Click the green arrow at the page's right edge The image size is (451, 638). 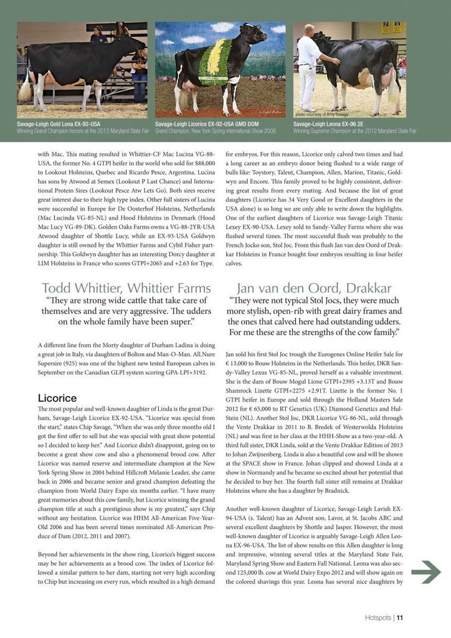coord(426,571)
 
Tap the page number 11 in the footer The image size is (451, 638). coord(400,618)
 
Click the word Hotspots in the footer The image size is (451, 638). coord(378,618)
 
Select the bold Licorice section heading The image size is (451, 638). coord(57,398)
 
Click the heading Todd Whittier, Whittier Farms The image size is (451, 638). coord(126,288)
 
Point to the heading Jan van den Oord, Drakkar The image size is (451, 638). coord(314,288)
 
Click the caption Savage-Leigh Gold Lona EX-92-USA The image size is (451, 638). coord(59,124)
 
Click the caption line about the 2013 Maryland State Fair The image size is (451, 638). coord(82,131)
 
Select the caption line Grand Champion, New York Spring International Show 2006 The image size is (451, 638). coord(216,131)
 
